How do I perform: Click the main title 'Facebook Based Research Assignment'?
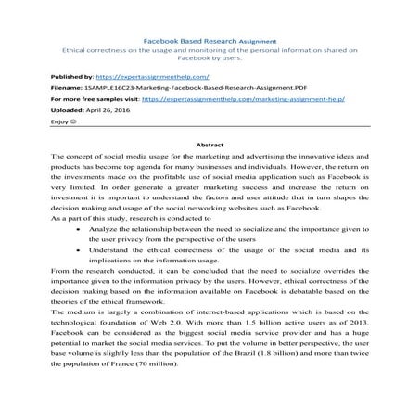(x=210, y=42)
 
